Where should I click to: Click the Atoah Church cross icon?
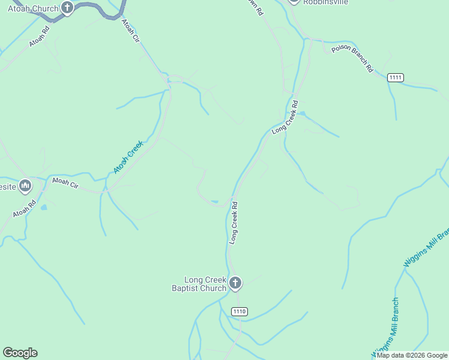[67, 8]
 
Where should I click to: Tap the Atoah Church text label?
[33, 8]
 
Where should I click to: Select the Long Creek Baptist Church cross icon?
[235, 283]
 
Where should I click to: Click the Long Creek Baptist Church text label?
[205, 284]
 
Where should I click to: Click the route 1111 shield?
[396, 77]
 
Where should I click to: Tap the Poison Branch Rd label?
[352, 59]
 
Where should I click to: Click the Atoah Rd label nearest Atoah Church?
[38, 38]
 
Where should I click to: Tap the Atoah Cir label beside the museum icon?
[65, 183]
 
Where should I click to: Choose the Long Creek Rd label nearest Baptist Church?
[234, 222]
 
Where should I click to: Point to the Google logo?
[20, 353]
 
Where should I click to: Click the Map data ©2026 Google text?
[412, 355]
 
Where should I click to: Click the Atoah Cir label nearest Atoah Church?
[130, 31]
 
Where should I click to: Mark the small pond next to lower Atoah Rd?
[43, 208]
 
